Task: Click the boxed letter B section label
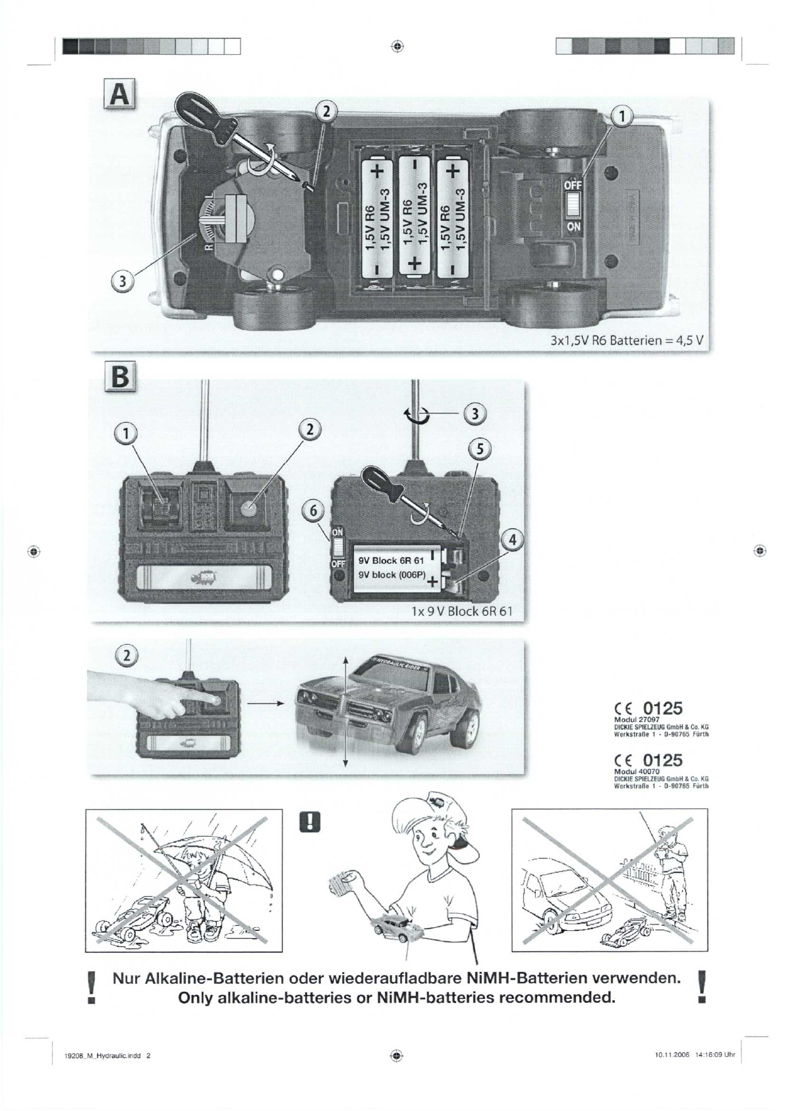119,378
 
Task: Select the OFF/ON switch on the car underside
572,204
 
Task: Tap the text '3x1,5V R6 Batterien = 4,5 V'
628,341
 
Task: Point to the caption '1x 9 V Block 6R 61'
461,611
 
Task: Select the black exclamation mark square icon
309,821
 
